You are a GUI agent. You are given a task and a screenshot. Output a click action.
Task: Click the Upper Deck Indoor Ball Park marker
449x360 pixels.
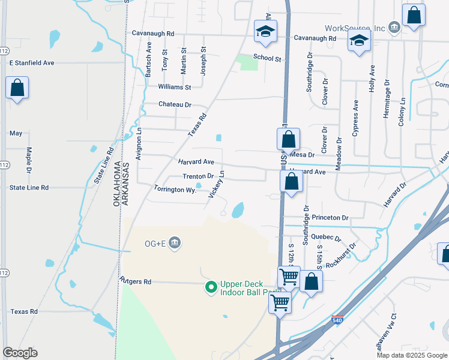click(x=211, y=288)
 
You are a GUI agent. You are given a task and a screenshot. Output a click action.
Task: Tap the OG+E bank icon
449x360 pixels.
click(x=175, y=243)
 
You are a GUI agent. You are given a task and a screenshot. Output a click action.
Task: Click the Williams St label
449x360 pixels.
click(x=174, y=87)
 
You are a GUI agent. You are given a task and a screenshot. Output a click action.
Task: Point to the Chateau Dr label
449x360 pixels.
click(x=175, y=104)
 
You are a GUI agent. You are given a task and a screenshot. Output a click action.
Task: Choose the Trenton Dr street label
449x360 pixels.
click(x=198, y=176)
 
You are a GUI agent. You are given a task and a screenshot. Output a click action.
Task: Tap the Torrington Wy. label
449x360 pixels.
click(x=175, y=189)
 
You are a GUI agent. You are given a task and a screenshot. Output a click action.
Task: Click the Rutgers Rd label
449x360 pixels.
click(x=135, y=281)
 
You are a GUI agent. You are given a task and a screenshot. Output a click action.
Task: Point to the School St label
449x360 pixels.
click(x=267, y=58)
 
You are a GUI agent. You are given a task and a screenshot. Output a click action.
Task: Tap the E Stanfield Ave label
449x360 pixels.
click(x=32, y=62)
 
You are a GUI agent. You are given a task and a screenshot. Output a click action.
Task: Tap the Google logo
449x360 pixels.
click(x=20, y=353)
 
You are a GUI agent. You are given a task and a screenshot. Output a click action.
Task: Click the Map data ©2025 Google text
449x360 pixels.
click(x=412, y=355)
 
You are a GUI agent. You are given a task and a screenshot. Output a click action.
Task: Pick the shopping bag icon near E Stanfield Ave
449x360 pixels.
click(x=17, y=88)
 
